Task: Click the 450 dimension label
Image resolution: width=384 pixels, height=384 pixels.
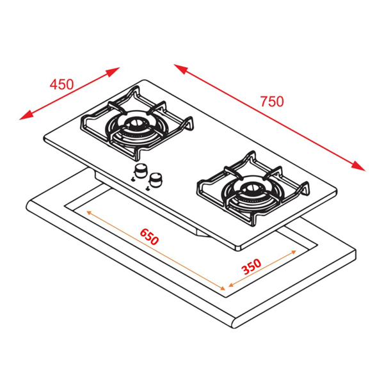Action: point(62,84)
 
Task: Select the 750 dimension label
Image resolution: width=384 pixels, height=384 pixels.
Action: point(271,100)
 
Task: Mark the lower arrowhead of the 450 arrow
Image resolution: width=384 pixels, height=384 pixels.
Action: point(23,117)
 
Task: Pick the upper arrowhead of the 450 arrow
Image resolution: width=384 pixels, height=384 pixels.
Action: point(117,68)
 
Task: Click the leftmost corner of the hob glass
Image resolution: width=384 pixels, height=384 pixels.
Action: point(44,140)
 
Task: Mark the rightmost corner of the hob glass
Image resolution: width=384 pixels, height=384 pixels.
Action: point(337,190)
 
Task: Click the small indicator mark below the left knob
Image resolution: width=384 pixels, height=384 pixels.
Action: point(132,180)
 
